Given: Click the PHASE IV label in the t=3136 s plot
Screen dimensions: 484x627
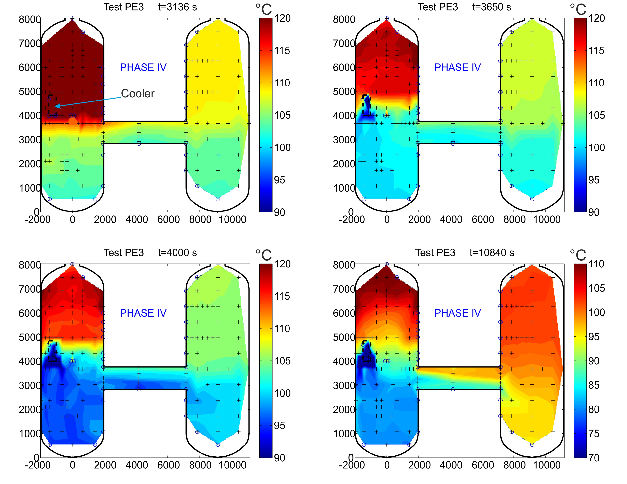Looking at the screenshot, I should point(143,67).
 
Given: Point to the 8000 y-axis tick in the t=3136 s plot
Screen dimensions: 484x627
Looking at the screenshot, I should point(30,20).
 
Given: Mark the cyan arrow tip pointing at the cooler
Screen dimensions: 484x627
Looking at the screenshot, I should point(55,106).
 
